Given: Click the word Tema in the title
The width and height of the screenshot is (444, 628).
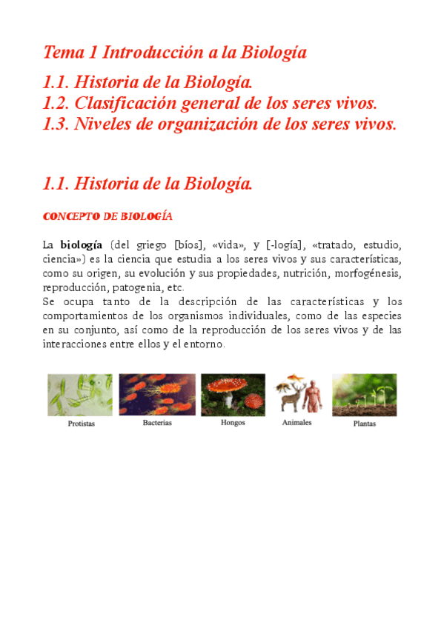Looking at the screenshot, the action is (62, 53).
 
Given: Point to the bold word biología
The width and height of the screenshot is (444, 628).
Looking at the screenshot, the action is (81, 245).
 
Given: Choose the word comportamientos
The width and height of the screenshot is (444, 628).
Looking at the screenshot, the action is (83, 315).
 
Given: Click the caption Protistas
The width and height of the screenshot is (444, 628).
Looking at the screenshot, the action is (81, 424).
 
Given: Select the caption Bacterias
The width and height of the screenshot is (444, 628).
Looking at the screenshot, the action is (157, 423).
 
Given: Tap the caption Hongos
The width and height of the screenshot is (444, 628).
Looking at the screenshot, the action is (233, 423).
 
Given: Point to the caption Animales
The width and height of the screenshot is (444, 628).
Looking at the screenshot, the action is (296, 422).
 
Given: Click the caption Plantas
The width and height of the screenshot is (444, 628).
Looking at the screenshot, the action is (364, 424).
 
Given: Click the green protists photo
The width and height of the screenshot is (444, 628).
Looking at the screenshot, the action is (80, 395).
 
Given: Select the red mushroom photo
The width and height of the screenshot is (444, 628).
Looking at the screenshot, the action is (233, 394).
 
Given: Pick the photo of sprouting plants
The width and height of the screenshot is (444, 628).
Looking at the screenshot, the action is (364, 395).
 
